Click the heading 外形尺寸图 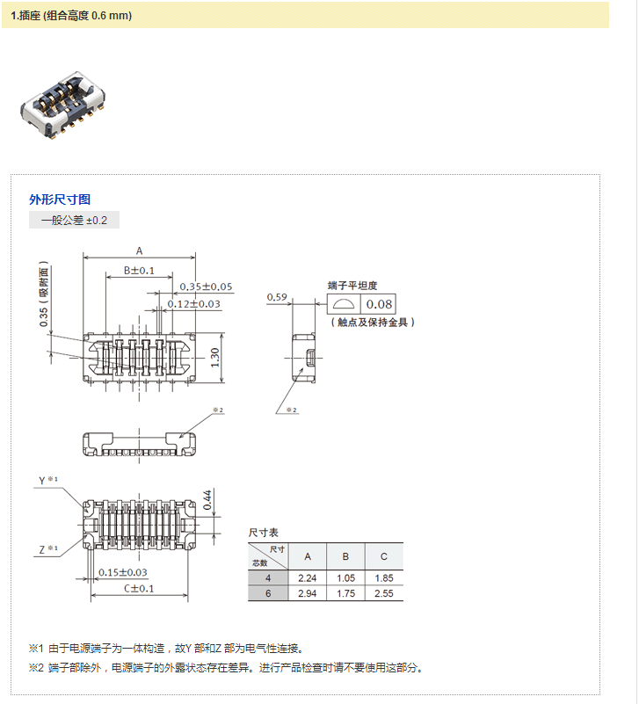(x=60, y=200)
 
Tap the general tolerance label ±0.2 (x=74, y=220)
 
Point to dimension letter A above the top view (x=139, y=250)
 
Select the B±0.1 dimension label (x=139, y=270)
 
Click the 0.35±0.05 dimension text (x=206, y=287)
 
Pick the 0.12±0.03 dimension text (x=194, y=304)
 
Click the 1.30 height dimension (x=215, y=355)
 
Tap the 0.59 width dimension (x=277, y=297)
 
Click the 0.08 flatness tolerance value (x=379, y=304)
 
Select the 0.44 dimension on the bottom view (x=207, y=499)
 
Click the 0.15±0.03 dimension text (x=123, y=572)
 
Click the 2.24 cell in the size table (x=307, y=577)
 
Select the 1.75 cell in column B (x=345, y=593)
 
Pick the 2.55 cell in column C (x=383, y=593)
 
